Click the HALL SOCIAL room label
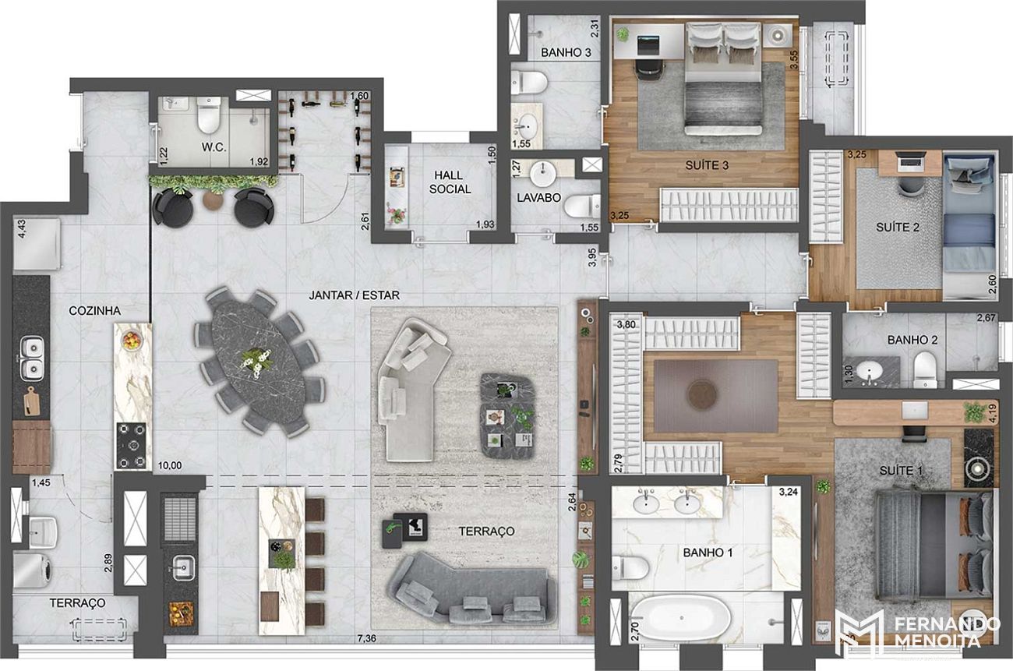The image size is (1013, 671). click(x=450, y=182)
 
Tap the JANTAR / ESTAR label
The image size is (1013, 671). click(x=354, y=295)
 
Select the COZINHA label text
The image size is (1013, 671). click(x=94, y=311)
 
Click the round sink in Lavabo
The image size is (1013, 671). click(x=542, y=173)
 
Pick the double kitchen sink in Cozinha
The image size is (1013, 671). click(x=32, y=358)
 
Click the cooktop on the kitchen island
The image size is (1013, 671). click(x=132, y=445)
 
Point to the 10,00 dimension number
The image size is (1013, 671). click(x=170, y=465)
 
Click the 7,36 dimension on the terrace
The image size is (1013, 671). click(x=366, y=638)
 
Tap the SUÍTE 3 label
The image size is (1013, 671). click(x=707, y=165)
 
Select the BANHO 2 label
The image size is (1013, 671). click(x=912, y=340)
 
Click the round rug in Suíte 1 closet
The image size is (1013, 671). click(x=702, y=395)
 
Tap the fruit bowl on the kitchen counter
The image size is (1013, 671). click(x=131, y=339)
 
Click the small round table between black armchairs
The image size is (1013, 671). click(x=213, y=200)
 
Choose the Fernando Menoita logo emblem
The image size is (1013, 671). click(x=859, y=633)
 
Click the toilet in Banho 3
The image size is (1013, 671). click(x=529, y=83)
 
